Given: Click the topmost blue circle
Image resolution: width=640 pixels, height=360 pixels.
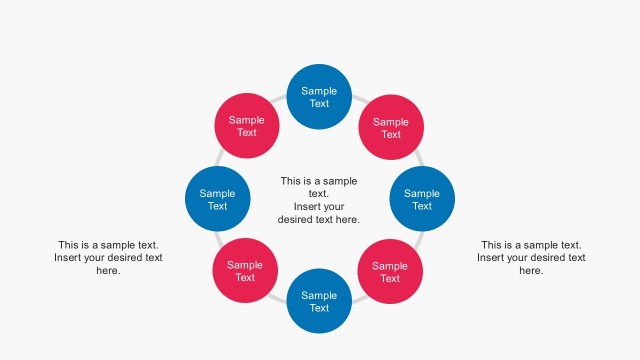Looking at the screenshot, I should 319,97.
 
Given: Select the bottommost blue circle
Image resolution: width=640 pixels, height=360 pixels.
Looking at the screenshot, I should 319,301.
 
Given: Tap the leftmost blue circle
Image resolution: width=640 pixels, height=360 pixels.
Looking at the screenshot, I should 217,199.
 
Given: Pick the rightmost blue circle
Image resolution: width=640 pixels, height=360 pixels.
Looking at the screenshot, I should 421,199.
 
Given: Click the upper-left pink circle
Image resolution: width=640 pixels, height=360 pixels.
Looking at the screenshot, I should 247,126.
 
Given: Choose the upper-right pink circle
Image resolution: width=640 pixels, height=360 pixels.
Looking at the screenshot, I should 391,128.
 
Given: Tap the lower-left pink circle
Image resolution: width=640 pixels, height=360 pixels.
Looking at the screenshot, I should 245,271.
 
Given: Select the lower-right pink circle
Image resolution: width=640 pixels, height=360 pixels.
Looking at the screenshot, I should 390,272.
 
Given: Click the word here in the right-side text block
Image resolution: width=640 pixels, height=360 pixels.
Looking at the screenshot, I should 530,270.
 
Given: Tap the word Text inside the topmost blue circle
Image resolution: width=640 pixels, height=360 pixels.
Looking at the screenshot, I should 319,103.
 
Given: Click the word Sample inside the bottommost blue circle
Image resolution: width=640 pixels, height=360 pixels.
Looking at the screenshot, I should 319,295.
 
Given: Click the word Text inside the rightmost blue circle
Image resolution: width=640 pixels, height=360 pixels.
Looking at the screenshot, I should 421,206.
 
